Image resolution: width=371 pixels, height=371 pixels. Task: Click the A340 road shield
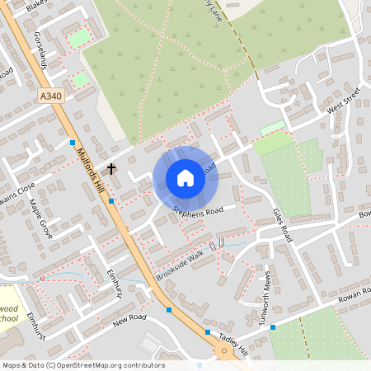point(49,96)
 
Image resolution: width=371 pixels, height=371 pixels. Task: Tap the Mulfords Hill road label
point(92,169)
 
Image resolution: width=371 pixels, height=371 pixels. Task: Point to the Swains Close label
point(18,196)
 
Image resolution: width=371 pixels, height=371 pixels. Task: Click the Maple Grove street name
point(40,218)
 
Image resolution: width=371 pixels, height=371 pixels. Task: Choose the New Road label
point(129,318)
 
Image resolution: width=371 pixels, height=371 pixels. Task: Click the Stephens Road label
point(198,205)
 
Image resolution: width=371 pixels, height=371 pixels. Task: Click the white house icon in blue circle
point(185,178)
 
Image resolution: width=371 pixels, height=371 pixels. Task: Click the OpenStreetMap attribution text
point(83,364)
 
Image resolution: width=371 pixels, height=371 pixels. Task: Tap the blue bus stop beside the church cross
point(110,189)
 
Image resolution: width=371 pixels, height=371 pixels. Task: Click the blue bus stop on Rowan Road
point(273,326)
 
